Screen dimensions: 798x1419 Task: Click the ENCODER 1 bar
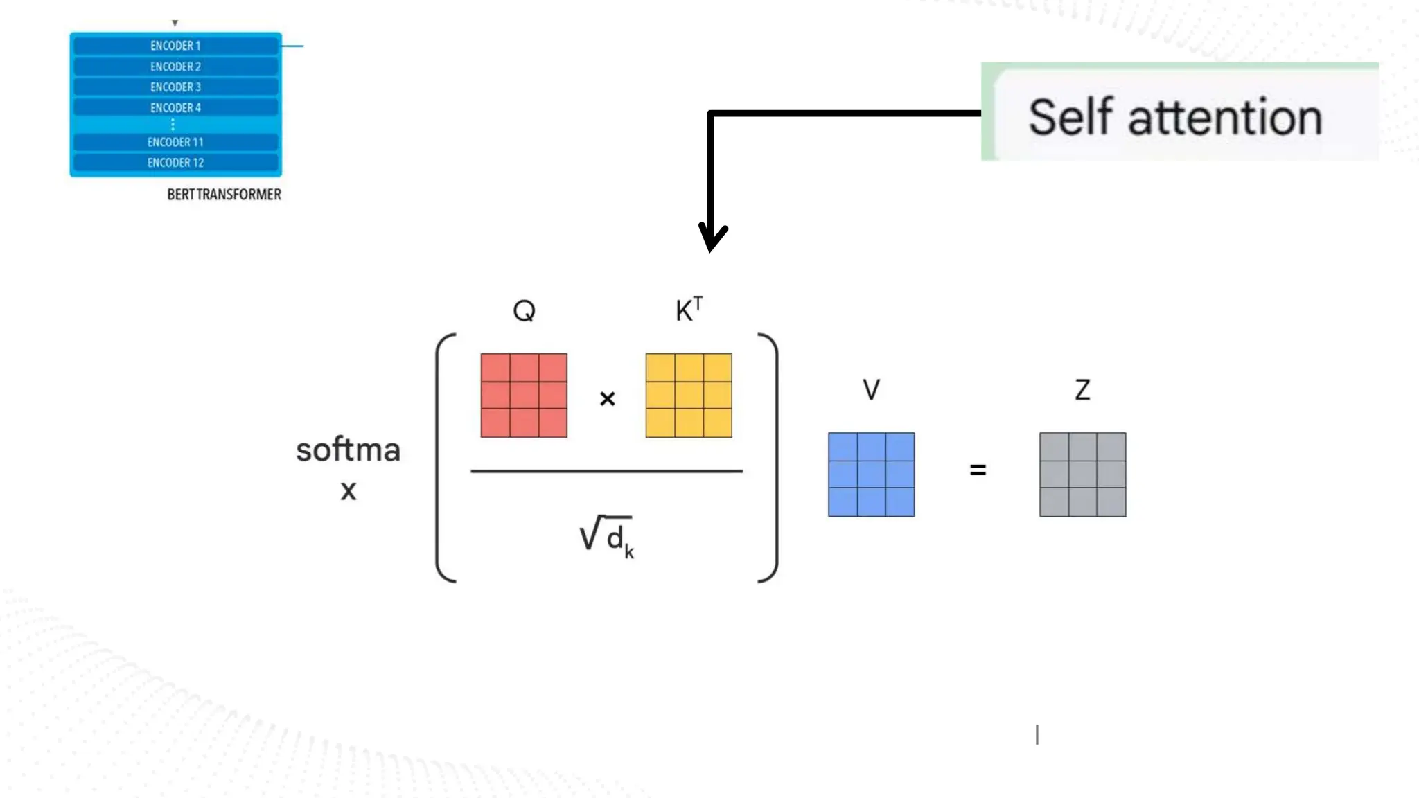175,46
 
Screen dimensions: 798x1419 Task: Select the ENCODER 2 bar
175,66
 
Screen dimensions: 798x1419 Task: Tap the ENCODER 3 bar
175,87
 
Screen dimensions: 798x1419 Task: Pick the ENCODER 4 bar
175,108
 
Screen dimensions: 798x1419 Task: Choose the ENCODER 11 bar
175,142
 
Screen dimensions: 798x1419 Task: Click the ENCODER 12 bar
175,163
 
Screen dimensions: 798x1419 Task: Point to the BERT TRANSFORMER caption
224,195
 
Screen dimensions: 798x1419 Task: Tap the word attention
1225,118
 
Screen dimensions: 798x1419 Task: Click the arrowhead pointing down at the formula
712,238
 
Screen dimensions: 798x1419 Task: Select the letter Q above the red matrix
524,310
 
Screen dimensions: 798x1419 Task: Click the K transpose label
689,310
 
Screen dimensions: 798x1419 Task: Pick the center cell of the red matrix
524,396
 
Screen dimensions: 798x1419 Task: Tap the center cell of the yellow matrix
689,396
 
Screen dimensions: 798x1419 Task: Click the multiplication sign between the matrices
607,399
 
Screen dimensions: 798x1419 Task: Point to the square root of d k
606,537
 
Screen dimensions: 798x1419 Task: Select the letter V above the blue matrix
871,390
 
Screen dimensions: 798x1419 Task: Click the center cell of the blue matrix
871,475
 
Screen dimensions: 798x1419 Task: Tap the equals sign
978,470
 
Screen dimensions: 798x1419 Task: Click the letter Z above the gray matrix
1082,390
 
